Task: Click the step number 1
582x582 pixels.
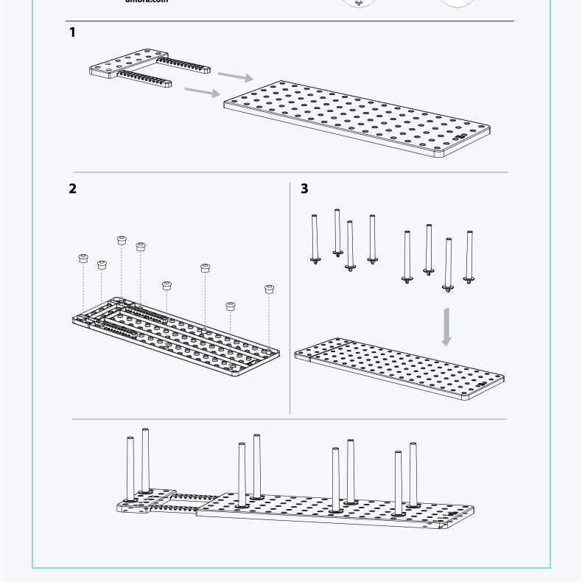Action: (x=72, y=32)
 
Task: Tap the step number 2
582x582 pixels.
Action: (x=72, y=188)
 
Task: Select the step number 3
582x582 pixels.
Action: (x=304, y=189)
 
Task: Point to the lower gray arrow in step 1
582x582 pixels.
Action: (x=203, y=91)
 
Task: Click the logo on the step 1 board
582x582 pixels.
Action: (x=461, y=136)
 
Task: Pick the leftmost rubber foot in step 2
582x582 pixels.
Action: (x=83, y=259)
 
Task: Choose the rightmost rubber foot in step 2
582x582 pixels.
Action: (x=270, y=289)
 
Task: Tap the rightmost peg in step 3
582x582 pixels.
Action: (x=469, y=257)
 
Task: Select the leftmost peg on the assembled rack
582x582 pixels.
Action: (x=130, y=469)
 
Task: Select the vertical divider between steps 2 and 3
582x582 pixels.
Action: (x=290, y=295)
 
